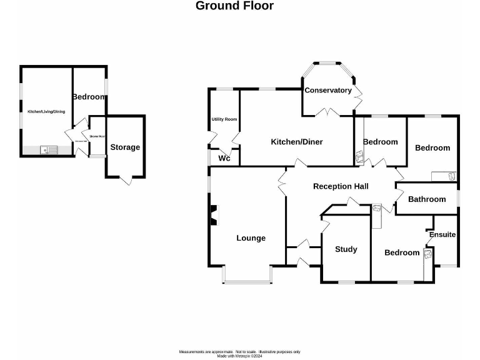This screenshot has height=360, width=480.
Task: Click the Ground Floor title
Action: (234, 6)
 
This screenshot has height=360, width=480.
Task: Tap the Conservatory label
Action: (328, 91)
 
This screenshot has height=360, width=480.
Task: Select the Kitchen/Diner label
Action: (297, 142)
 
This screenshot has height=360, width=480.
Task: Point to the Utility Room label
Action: (223, 119)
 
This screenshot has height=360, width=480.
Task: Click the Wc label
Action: (224, 159)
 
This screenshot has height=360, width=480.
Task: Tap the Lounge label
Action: (251, 238)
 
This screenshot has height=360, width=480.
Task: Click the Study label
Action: (346, 249)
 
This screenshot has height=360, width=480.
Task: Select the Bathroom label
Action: (427, 199)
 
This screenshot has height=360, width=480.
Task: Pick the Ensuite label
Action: (442, 235)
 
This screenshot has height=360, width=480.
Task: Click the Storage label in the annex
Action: (125, 147)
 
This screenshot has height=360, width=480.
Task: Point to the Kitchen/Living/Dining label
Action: (46, 112)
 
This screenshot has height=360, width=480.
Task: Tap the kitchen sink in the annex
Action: (48, 150)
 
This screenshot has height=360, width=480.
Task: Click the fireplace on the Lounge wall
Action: (214, 215)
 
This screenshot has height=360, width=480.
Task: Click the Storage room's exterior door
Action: (125, 180)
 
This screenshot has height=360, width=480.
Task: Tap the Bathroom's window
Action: (458, 198)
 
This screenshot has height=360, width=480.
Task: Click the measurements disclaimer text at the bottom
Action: (240, 352)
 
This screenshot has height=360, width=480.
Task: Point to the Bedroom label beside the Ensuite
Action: (402, 252)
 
